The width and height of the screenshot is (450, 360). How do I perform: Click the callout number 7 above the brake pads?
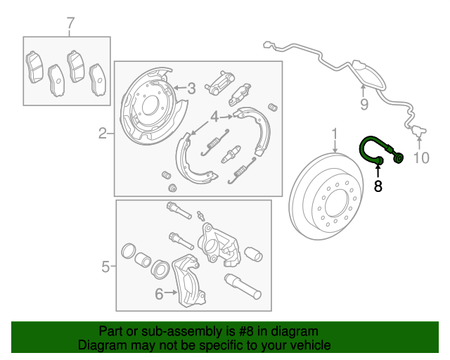click(x=70, y=25)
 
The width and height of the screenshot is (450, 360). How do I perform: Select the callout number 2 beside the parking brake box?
click(x=103, y=133)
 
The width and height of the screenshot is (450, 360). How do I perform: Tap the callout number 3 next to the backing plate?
click(x=191, y=89)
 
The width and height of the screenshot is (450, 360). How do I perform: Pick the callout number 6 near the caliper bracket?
click(x=158, y=294)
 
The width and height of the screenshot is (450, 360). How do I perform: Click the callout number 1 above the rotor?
click(x=335, y=134)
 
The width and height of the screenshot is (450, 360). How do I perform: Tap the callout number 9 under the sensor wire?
click(x=364, y=105)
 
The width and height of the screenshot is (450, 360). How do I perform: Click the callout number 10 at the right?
click(x=420, y=158)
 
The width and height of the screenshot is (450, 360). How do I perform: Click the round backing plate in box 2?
click(x=148, y=106)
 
